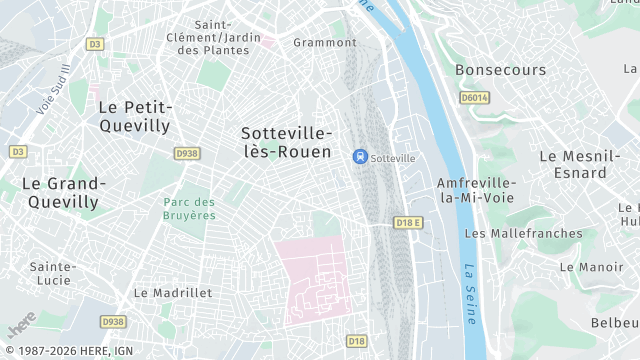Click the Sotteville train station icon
pos(360,157)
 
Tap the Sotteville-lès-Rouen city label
pos(287,141)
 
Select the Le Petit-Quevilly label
pos(135,115)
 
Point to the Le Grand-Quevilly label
pos(63,192)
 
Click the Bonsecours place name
pos(501,70)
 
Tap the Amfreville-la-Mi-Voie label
pos(476,190)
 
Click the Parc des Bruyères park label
pos(189,208)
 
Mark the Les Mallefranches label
pos(523,233)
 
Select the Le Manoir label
pos(592,267)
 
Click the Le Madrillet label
pos(173,293)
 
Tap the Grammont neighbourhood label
pos(324,42)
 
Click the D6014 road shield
pos(474,97)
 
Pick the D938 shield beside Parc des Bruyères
pos(187,153)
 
